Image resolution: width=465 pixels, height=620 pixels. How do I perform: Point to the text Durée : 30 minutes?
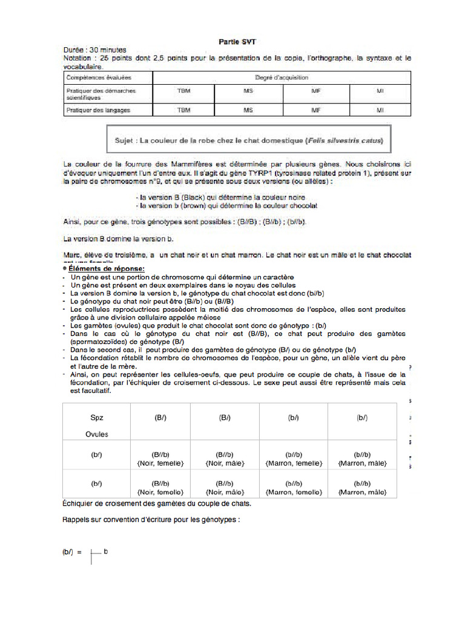pyautogui.click(x=93, y=50)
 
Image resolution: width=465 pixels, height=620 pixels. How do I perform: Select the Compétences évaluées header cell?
pyautogui.click(x=99, y=77)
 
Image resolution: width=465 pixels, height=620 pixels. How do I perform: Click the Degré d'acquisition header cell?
pyautogui.click(x=282, y=77)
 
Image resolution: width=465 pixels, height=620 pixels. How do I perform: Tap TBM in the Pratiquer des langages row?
pyautogui.click(x=183, y=110)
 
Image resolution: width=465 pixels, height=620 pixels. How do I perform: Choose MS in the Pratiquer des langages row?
pyautogui.click(x=248, y=110)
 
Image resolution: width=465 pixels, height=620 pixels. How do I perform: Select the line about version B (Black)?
pyautogui.click(x=222, y=197)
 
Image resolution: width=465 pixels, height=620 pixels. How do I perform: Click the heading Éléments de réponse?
pyautogui.click(x=107, y=268)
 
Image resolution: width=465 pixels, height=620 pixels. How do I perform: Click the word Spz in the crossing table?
pyautogui.click(x=97, y=418)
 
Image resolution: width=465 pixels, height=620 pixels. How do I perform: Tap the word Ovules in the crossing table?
pyautogui.click(x=97, y=434)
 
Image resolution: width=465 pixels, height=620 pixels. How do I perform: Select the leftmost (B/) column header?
pyautogui.click(x=161, y=418)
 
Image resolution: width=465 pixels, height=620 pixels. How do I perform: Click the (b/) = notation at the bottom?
pyautogui.click(x=72, y=552)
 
